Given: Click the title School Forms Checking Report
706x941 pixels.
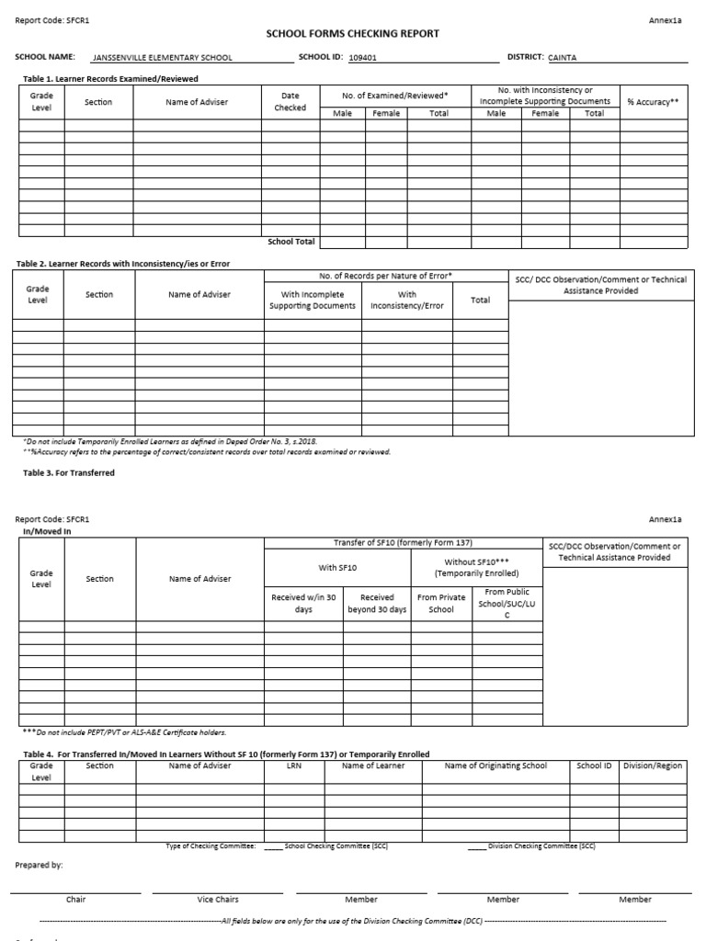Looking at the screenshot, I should [339, 34].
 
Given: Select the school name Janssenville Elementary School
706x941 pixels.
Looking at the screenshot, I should [163, 58].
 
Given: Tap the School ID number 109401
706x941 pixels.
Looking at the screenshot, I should [362, 58].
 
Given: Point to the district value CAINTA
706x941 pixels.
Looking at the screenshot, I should [563, 58].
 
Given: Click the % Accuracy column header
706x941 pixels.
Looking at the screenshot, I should [653, 102].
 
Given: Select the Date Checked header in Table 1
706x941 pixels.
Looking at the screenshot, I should [290, 102].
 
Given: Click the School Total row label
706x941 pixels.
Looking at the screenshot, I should [290, 242].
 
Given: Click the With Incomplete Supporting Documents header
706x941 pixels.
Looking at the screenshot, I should [313, 300].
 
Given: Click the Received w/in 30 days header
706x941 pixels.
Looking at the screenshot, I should [304, 603].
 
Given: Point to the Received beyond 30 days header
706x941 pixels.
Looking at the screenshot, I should [377, 603].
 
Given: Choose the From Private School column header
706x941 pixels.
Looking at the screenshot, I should [441, 603].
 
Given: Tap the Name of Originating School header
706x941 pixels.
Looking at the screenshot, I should [495, 765].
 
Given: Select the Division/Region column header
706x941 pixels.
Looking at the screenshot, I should [652, 765].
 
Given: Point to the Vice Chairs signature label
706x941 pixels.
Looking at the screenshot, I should [217, 900].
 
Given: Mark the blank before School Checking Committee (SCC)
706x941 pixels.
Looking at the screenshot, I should [273, 846].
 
